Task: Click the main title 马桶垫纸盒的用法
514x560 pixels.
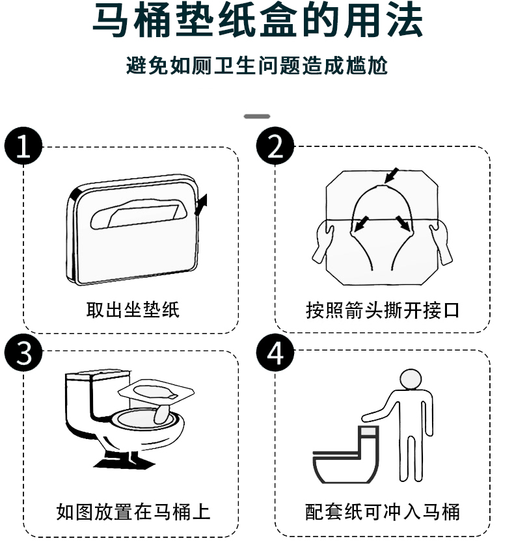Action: [x=257, y=22]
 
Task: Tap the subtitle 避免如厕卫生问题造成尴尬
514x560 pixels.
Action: [x=257, y=66]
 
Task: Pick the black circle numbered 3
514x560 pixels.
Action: [x=23, y=354]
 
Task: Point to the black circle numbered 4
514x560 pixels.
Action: [x=275, y=354]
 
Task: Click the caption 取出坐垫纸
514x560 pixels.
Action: [x=132, y=309]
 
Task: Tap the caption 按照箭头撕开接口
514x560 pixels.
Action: [x=383, y=309]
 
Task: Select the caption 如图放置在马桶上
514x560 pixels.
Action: [x=133, y=511]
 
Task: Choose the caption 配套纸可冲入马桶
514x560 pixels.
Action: [x=383, y=511]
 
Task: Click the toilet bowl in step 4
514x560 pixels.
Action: [x=338, y=465]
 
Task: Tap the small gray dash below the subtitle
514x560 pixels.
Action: [x=257, y=116]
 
